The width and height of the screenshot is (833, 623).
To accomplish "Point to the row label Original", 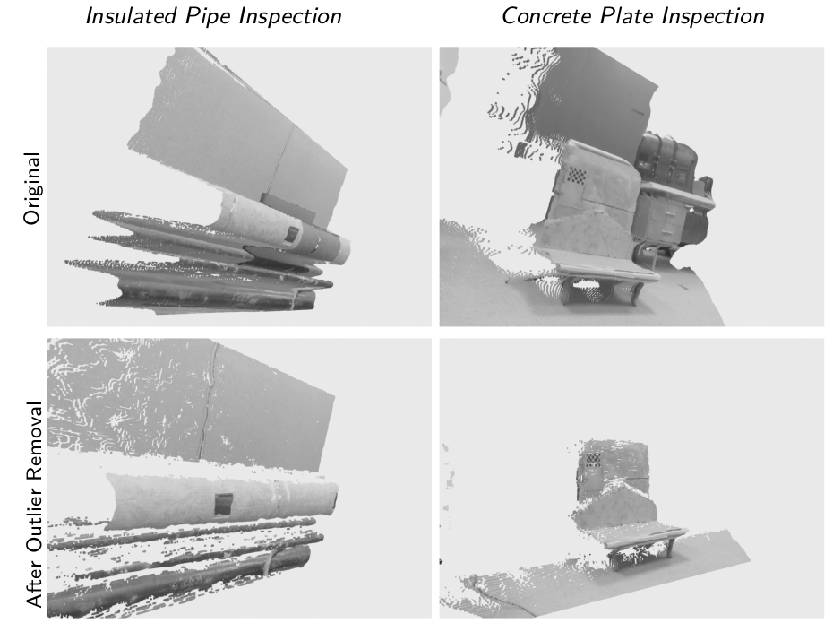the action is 32,188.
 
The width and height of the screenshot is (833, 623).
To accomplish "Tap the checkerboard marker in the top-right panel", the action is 577,175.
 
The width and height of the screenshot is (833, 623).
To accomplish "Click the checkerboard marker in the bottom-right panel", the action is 593,459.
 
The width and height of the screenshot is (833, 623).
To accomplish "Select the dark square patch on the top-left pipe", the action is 291,235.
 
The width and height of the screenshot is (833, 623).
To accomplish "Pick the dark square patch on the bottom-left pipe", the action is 223,504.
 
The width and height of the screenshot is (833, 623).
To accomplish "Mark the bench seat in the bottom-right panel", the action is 646,537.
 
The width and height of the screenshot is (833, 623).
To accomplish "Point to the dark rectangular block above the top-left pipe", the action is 288,206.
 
